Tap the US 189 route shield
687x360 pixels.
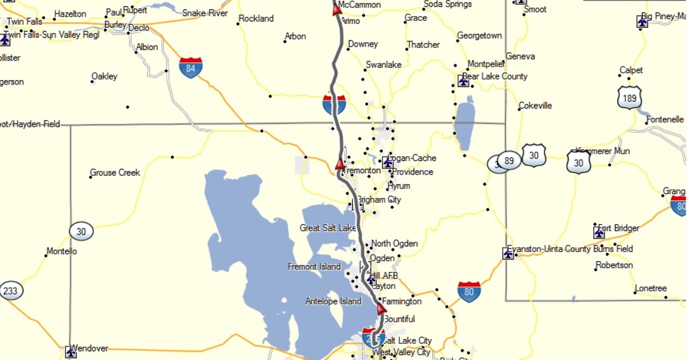pyautogui.click(x=630, y=97)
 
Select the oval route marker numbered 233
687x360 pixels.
pyautogui.click(x=10, y=290)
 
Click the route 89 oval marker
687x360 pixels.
pyautogui.click(x=508, y=161)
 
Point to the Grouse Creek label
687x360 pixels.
pyautogui.click(x=115, y=173)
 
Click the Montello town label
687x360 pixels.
pyautogui.click(x=62, y=252)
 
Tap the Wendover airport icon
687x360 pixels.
pyautogui.click(x=71, y=352)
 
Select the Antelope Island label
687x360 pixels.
pyautogui.click(x=333, y=301)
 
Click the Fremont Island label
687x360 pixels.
pyautogui.click(x=314, y=267)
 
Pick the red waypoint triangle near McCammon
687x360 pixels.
pyautogui.click(x=337, y=9)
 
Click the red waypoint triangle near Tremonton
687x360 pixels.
pyautogui.click(x=339, y=164)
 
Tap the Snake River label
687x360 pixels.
pyautogui.click(x=205, y=13)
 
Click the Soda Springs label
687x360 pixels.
pyautogui.click(x=448, y=4)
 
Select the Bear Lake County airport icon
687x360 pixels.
pyautogui.click(x=464, y=81)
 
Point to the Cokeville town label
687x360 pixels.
pyautogui.click(x=535, y=105)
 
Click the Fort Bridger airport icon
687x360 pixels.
pyautogui.click(x=599, y=232)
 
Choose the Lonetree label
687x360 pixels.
pyautogui.click(x=651, y=288)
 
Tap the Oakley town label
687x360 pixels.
pyautogui.click(x=104, y=76)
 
